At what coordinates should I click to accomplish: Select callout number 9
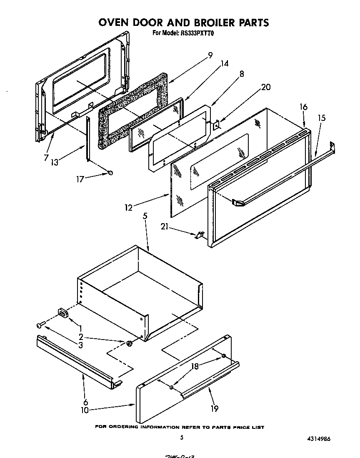coord(210,55)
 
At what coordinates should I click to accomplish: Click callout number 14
coord(225,64)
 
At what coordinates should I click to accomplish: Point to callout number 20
coord(266,87)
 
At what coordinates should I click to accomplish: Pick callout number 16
coord(303,107)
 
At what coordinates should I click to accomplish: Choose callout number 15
coord(321,118)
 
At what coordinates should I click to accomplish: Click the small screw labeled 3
coord(40,324)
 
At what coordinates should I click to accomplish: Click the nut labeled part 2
coord(130,344)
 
